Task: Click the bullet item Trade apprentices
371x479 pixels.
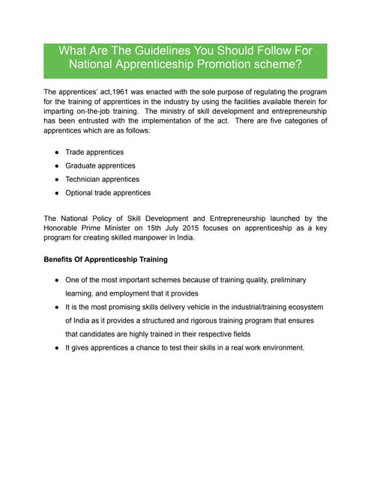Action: [x=94, y=152]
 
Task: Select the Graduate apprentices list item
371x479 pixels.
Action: [x=100, y=165]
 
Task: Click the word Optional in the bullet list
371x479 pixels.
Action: [x=80, y=192]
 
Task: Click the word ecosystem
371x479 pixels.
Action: [x=304, y=307]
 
